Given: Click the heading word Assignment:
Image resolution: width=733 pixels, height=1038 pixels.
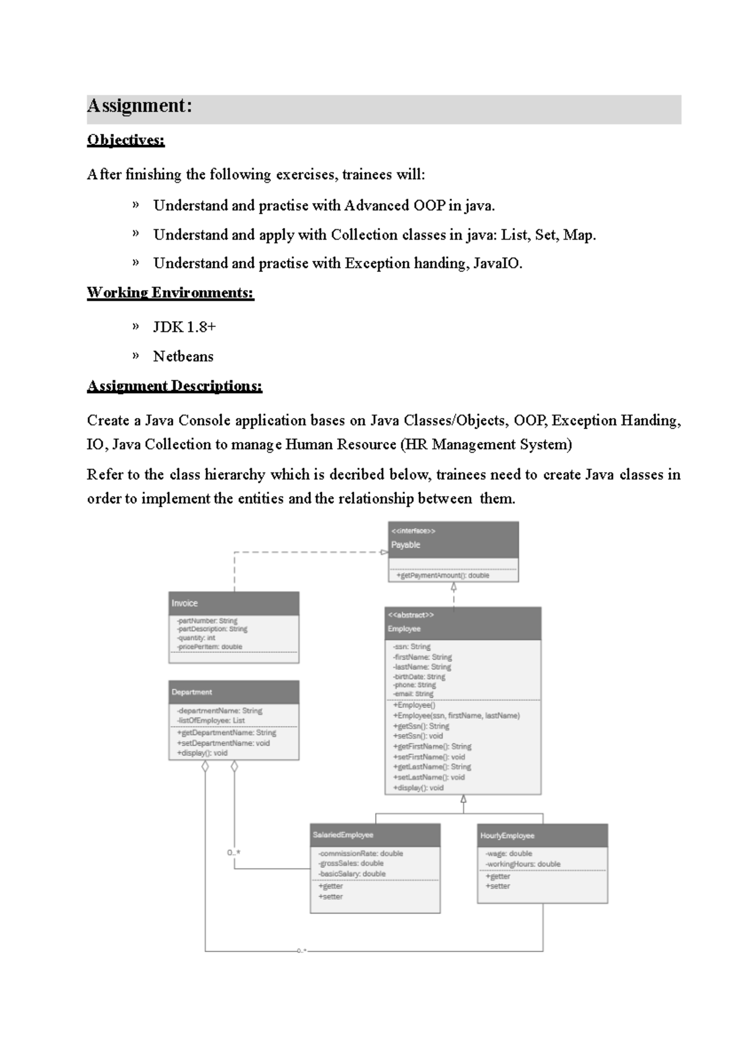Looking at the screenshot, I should pyautogui.click(x=139, y=106).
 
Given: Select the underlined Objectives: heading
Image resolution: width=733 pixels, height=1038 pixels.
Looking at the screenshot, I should pyautogui.click(x=126, y=140).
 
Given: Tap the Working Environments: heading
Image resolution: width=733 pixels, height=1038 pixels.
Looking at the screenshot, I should pyautogui.click(x=170, y=292).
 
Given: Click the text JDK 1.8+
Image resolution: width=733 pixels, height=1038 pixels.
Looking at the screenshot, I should pyautogui.click(x=184, y=326).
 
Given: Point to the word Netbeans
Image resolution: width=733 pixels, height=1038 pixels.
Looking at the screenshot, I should pyautogui.click(x=183, y=356).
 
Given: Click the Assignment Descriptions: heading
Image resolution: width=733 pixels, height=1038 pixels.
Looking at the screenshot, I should pyautogui.click(x=174, y=386).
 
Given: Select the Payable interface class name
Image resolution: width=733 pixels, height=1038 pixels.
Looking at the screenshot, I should pyautogui.click(x=406, y=545).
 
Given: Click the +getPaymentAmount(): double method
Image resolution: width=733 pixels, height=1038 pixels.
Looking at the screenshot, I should pyautogui.click(x=443, y=575).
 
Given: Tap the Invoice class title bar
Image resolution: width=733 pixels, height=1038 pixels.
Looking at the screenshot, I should pyautogui.click(x=184, y=603).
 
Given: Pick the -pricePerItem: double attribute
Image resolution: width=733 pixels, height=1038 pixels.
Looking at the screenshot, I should pyautogui.click(x=209, y=646).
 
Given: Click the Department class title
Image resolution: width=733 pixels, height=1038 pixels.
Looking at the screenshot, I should pyautogui.click(x=192, y=692).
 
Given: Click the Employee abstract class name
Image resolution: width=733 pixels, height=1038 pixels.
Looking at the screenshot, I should pyautogui.click(x=404, y=628).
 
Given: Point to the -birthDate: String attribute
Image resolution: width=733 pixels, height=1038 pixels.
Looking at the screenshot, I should pyautogui.click(x=419, y=677).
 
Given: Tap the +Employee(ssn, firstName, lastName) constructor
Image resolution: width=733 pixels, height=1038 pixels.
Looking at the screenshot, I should pyautogui.click(x=456, y=715).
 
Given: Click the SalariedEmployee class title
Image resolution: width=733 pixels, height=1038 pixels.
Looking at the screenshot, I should pyautogui.click(x=343, y=835).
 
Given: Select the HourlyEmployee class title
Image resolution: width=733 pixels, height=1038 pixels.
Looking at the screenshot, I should pyautogui.click(x=507, y=836).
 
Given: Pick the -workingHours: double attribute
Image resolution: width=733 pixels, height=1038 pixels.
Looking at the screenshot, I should pyautogui.click(x=523, y=864).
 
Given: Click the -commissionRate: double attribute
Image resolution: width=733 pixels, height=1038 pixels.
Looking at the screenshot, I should pyautogui.click(x=360, y=853).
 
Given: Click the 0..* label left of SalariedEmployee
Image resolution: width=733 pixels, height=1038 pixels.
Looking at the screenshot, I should pyautogui.click(x=233, y=852).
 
